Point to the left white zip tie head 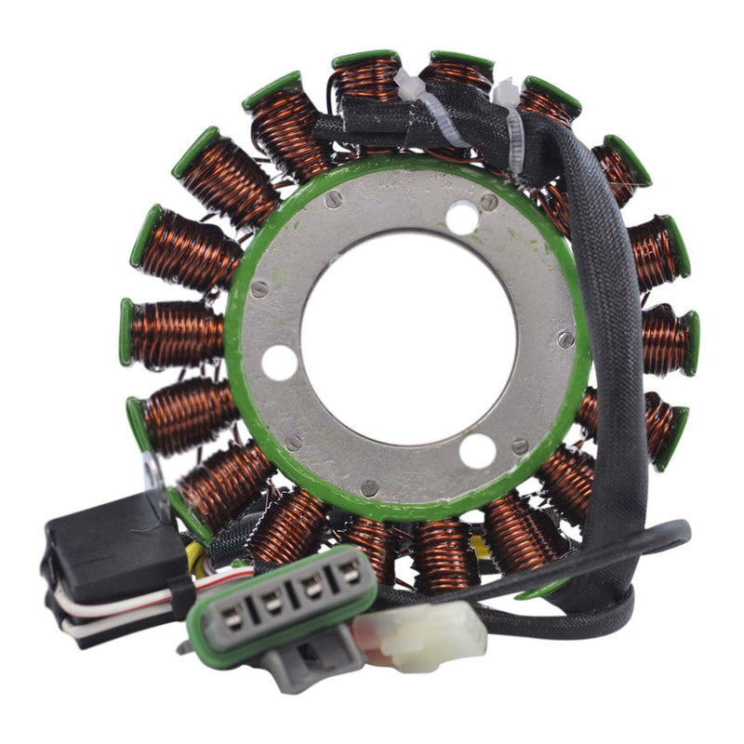(x=410, y=85)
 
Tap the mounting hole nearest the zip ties (x=462, y=219)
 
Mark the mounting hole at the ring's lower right (x=477, y=451)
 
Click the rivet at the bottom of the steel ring (x=369, y=486)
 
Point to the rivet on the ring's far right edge (x=565, y=339)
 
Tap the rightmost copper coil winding (x=665, y=339)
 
